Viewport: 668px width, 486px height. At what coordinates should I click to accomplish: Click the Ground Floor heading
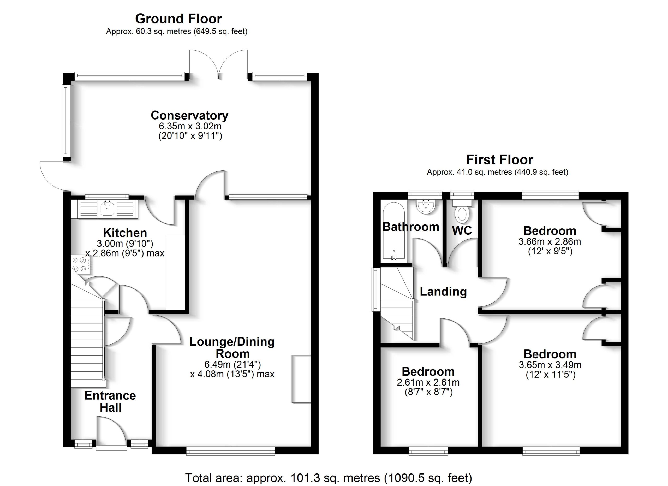tap(178, 19)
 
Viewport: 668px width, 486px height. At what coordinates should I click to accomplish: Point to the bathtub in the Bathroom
tap(393, 231)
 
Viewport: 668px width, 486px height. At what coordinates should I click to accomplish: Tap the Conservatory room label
tap(189, 115)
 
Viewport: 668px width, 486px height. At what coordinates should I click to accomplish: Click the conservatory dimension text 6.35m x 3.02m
tap(190, 126)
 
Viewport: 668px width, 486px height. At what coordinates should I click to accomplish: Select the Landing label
tap(443, 292)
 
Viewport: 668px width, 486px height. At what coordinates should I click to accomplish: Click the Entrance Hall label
tap(110, 401)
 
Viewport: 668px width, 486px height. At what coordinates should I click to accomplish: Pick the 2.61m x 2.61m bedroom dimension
tap(428, 382)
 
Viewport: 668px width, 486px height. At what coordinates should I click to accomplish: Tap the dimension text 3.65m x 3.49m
tap(550, 365)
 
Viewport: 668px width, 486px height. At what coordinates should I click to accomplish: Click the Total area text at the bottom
tap(329, 478)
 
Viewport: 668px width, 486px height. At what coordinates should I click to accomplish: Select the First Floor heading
tap(499, 160)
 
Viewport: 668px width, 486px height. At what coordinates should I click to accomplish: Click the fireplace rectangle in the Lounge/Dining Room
tap(301, 378)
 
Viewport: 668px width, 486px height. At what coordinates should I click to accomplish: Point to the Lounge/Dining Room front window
tap(231, 451)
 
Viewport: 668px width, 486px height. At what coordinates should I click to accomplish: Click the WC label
tap(462, 230)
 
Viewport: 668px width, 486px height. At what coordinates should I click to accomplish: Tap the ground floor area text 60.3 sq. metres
tap(177, 31)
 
